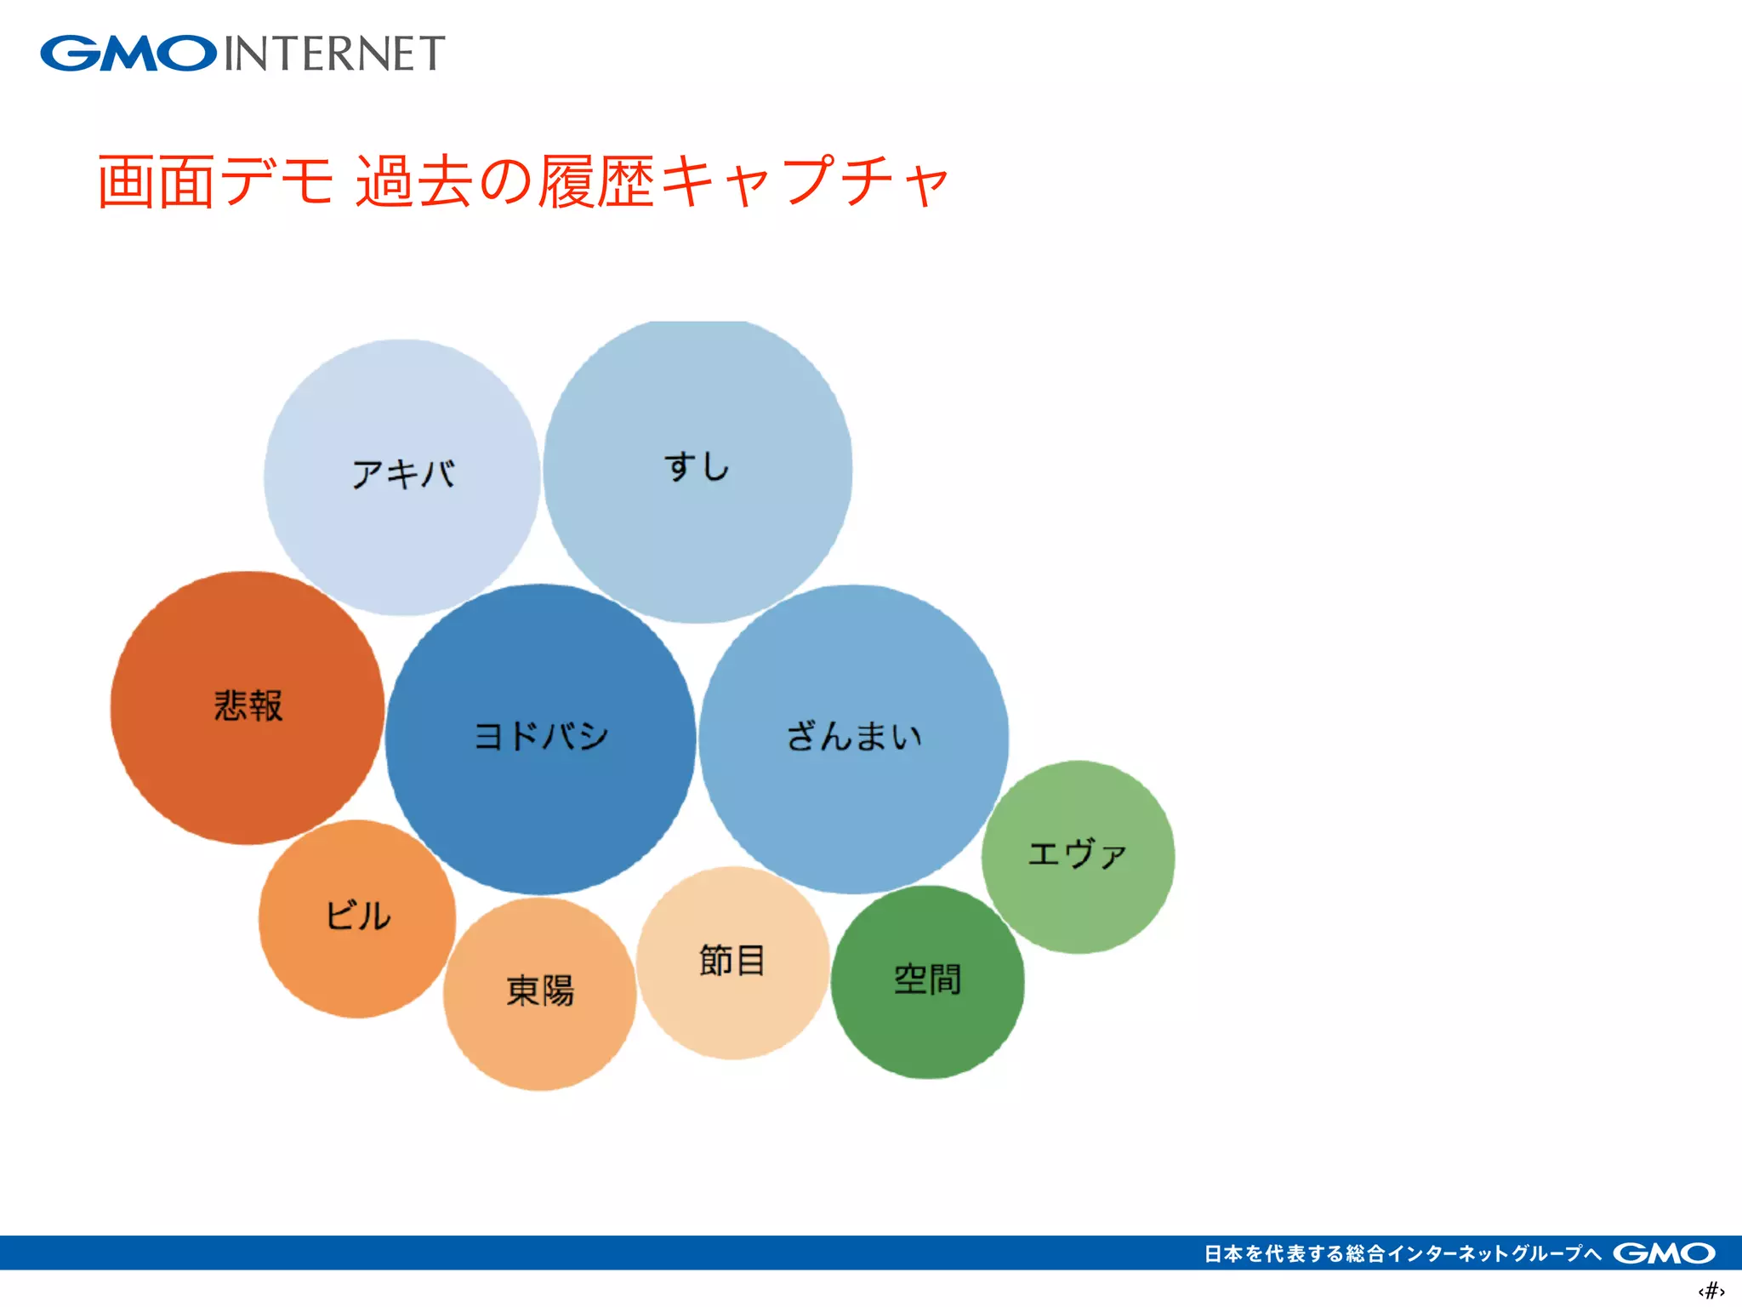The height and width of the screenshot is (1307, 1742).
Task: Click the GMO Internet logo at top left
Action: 242,53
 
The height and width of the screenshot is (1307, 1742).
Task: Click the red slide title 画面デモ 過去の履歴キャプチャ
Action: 522,181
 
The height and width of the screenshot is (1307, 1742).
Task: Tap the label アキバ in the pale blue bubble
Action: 403,474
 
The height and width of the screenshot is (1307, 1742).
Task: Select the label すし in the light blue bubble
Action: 697,466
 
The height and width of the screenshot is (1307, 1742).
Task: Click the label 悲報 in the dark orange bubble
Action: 248,705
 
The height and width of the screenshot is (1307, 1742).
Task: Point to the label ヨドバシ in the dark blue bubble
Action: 541,735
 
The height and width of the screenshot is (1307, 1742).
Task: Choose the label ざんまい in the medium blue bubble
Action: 854,736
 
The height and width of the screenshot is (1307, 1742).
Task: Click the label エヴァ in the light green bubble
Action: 1077,853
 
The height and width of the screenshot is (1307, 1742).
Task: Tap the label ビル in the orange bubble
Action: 358,916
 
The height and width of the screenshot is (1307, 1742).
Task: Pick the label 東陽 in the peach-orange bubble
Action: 540,990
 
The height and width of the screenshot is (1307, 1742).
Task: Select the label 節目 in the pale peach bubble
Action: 732,960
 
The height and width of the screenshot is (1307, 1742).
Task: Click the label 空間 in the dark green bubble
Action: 927,979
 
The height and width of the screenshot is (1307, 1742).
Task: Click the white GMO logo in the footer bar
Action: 1664,1253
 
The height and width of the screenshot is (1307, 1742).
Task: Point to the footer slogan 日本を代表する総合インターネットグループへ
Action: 1402,1253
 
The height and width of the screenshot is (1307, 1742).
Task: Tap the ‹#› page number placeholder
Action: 1711,1291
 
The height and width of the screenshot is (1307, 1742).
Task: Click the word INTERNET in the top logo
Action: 334,54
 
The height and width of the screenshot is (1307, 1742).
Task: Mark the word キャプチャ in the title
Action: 804,181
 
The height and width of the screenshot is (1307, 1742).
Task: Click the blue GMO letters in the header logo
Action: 128,53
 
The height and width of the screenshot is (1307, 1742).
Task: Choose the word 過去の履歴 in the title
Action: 504,181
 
